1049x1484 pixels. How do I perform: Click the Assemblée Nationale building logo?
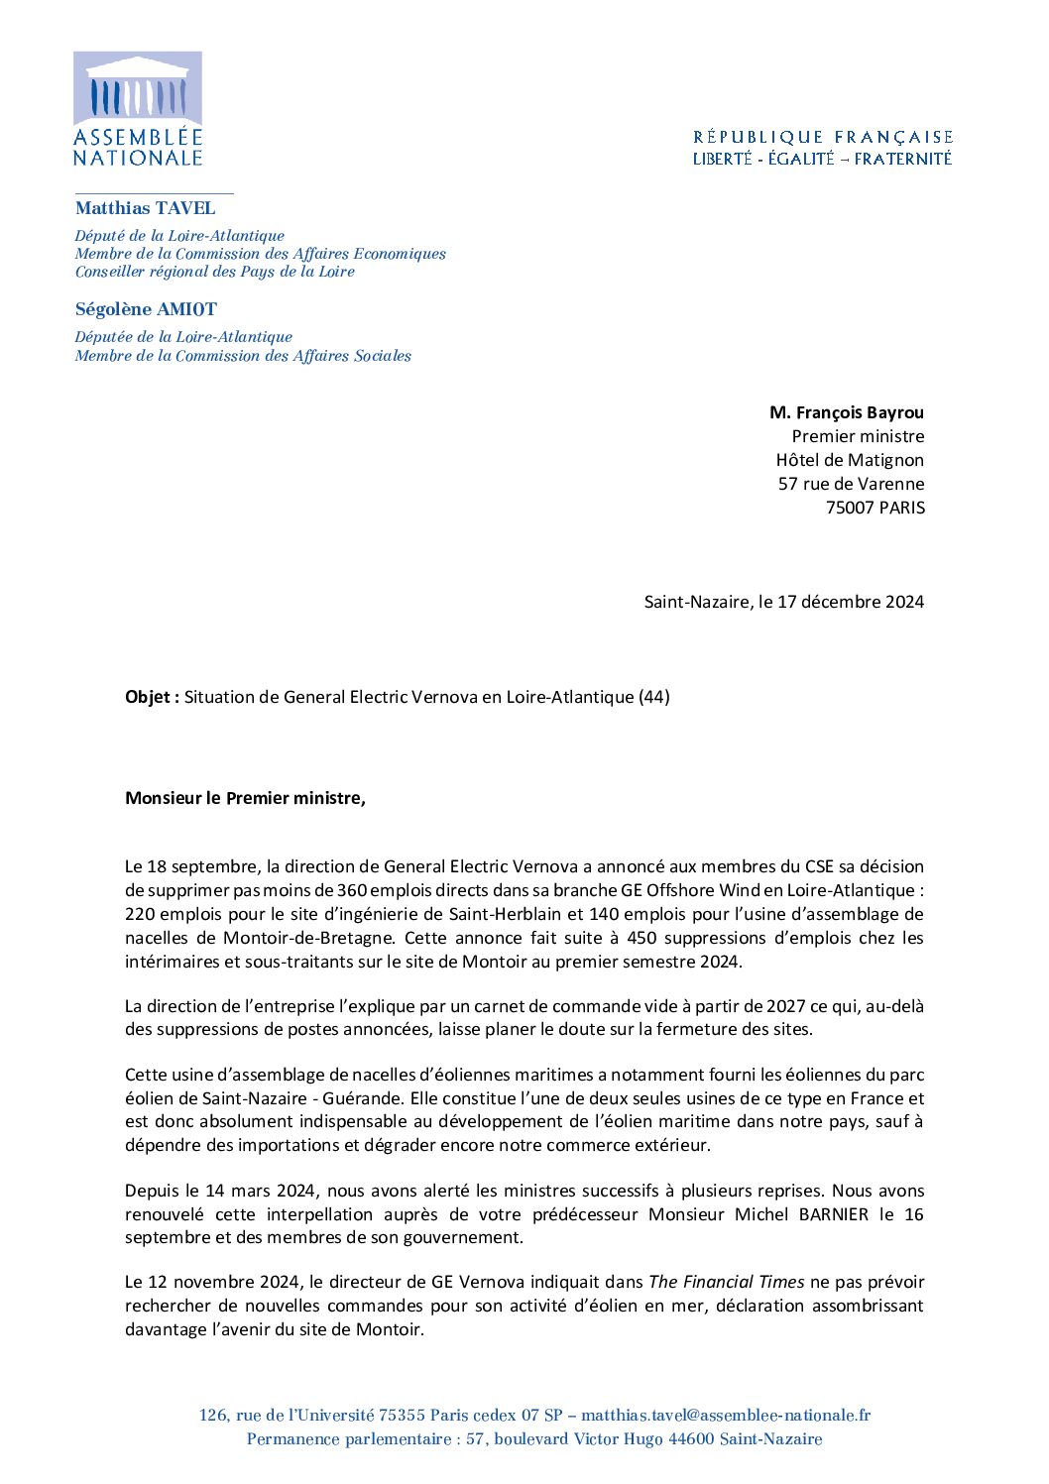tap(138, 88)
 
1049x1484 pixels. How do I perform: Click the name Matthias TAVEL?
tap(145, 208)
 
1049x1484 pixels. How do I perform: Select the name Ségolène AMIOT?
tap(146, 309)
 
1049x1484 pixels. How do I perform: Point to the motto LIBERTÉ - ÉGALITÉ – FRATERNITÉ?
tap(822, 159)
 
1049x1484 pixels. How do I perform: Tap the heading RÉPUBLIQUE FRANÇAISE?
tap(823, 137)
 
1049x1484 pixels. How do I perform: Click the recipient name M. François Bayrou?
tap(846, 412)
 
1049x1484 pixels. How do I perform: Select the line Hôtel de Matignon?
tap(850, 460)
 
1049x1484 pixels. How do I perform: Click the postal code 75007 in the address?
tap(852, 508)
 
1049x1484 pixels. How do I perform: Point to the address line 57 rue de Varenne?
tap(851, 484)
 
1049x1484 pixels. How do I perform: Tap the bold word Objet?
tap(150, 697)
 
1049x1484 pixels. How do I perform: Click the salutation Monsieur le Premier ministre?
tap(245, 798)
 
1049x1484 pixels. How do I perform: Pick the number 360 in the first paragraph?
tap(351, 890)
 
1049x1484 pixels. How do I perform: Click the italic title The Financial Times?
tap(727, 1282)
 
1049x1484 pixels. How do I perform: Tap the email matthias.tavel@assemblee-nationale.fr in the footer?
tap(726, 1416)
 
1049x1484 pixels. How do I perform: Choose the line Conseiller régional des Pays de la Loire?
tap(214, 272)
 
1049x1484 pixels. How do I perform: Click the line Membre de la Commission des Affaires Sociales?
tap(243, 356)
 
